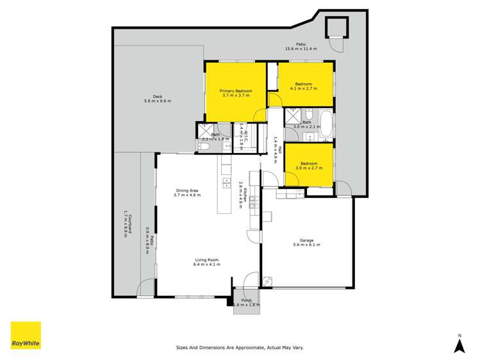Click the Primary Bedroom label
tap(236, 92)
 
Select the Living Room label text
tap(208, 259)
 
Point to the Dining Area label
tap(186, 190)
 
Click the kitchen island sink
tap(226, 184)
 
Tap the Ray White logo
tap(26, 335)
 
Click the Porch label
tap(245, 300)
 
